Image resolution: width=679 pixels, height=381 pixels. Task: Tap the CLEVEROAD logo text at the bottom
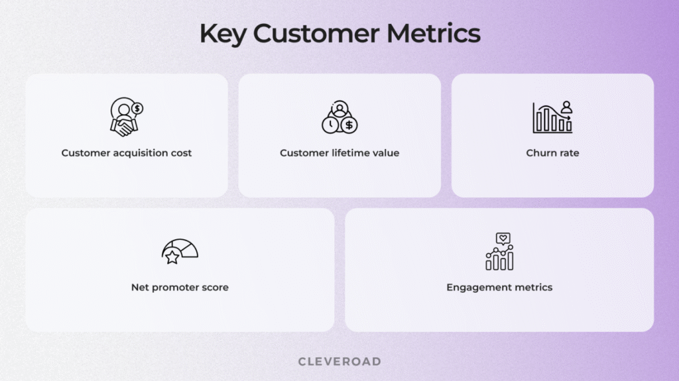point(339,361)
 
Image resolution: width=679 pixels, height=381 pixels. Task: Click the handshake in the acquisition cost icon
point(124,127)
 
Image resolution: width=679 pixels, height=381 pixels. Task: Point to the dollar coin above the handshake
point(137,107)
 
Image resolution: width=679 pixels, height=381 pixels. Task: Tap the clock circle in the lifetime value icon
point(330,125)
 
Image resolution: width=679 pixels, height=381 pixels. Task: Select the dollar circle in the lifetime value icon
point(349,125)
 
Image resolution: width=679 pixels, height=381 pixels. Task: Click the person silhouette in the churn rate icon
point(566,106)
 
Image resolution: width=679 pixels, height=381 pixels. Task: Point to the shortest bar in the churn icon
point(568,126)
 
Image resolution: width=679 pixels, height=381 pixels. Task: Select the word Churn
point(540,153)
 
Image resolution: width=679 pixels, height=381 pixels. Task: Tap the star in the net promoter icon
point(172,257)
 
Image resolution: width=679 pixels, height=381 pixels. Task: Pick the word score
point(215,288)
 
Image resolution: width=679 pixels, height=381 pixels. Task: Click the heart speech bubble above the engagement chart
point(504,239)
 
